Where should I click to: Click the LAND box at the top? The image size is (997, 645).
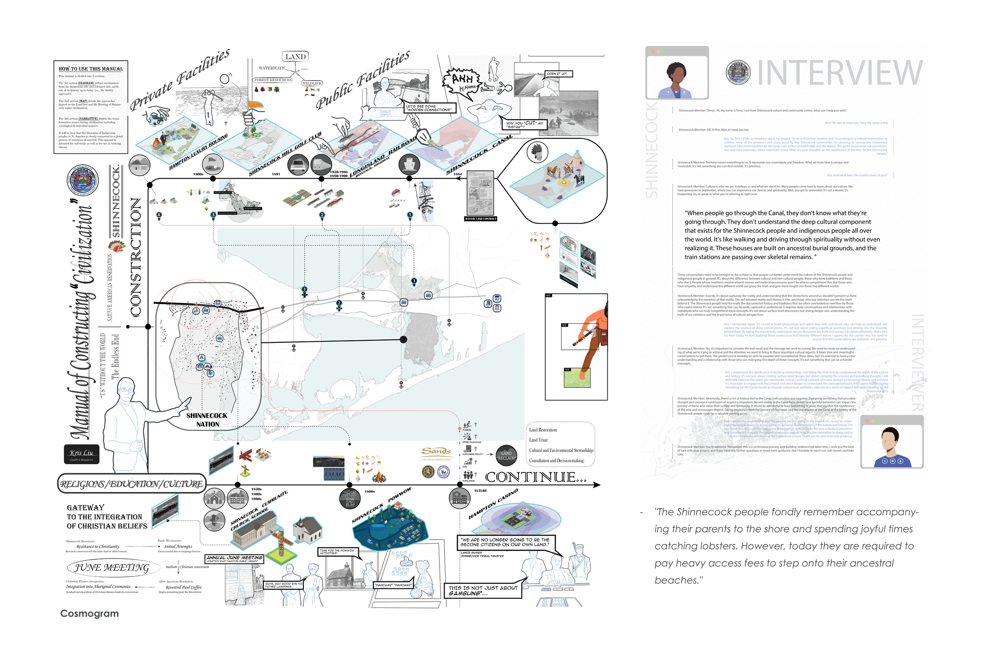(x=296, y=57)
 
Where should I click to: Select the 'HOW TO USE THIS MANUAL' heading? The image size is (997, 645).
(x=91, y=69)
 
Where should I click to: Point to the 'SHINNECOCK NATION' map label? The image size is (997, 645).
(x=207, y=420)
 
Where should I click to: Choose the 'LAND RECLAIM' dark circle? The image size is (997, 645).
(x=506, y=456)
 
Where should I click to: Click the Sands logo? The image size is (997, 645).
(x=435, y=452)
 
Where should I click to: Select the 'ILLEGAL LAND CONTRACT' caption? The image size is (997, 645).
(x=481, y=218)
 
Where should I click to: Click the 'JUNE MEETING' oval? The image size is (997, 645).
(x=112, y=568)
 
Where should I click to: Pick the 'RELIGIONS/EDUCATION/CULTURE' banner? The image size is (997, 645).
(x=131, y=484)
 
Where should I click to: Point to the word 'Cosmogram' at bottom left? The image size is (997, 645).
(x=89, y=613)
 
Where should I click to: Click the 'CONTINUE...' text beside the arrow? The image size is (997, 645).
(x=535, y=477)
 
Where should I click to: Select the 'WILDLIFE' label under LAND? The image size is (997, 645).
(x=312, y=83)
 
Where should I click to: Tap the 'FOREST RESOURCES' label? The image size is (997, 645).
(x=273, y=80)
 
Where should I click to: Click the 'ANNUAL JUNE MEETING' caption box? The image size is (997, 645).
(x=234, y=558)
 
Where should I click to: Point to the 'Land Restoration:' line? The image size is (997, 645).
(x=543, y=430)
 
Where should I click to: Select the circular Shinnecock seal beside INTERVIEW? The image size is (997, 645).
(x=738, y=72)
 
